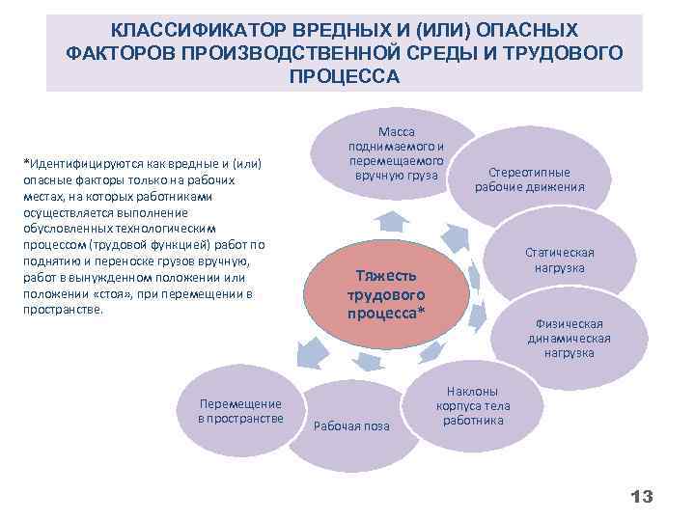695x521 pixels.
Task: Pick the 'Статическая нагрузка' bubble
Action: coord(567,260)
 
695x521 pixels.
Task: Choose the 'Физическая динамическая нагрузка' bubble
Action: coord(573,339)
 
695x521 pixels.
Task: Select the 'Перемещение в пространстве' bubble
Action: coord(239,411)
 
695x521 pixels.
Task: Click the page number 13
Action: coord(641,497)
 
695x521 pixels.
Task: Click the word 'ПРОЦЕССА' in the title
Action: coord(344,75)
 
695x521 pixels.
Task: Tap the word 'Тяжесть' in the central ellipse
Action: coord(386,276)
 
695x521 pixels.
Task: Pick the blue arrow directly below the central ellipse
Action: coord(368,360)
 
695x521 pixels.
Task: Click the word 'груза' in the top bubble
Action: coord(423,176)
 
